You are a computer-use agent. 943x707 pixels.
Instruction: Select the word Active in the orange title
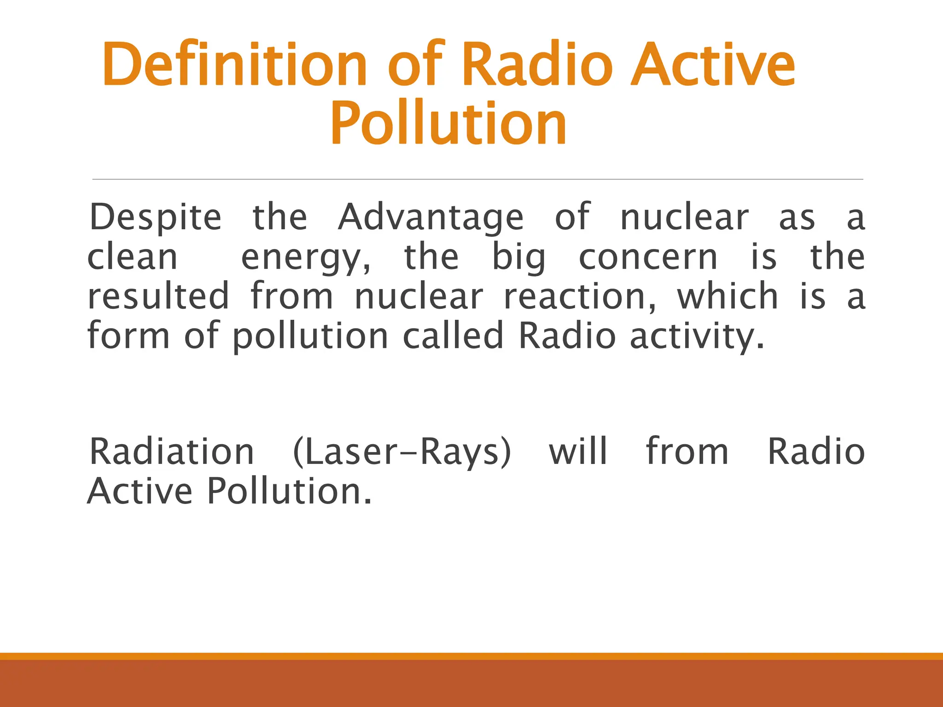pyautogui.click(x=713, y=64)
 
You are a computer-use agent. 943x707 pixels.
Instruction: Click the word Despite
pyautogui.click(x=155, y=217)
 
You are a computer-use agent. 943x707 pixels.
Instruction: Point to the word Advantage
pyautogui.click(x=431, y=217)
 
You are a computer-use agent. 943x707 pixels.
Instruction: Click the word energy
pyautogui.click(x=305, y=258)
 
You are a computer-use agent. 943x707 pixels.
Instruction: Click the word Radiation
pyautogui.click(x=171, y=452)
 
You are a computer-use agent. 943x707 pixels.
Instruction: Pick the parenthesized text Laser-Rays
pyautogui.click(x=402, y=452)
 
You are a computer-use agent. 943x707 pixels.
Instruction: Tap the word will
pyautogui.click(x=578, y=452)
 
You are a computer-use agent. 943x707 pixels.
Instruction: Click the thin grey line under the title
pyautogui.click(x=477, y=179)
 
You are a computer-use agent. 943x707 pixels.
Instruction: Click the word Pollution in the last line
pyautogui.click(x=289, y=491)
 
